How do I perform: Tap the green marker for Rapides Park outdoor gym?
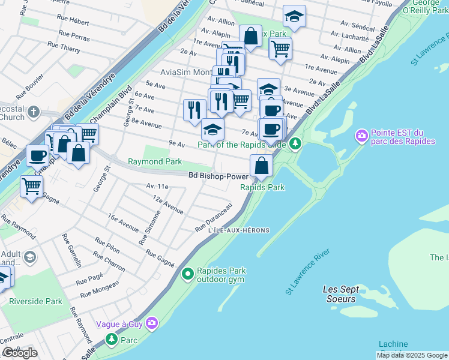tap(188, 275)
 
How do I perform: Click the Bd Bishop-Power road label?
tap(218, 176)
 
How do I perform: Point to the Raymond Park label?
tap(154, 162)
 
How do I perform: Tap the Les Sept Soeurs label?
tap(340, 293)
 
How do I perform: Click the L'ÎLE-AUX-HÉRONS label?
tap(238, 230)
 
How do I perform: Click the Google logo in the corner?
tap(20, 353)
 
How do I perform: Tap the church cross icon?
tap(34, 112)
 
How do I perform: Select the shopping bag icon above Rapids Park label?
tap(261, 164)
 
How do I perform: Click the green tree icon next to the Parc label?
tap(112, 340)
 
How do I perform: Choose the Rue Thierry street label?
tap(64, 46)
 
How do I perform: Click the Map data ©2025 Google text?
tap(412, 355)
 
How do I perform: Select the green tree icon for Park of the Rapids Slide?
tap(295, 143)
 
